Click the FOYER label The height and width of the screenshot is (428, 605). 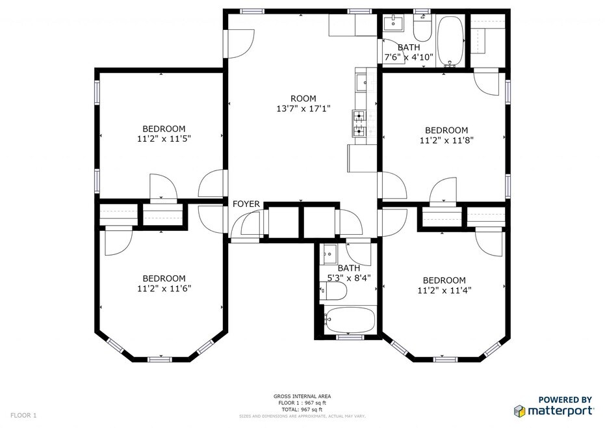point(246,204)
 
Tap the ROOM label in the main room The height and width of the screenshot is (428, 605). point(303,98)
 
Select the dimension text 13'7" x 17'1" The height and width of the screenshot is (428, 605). point(303,109)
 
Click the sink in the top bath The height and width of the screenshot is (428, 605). point(393,24)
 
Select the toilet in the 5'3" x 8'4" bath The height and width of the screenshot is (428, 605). point(334,292)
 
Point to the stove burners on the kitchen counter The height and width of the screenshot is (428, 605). point(359,123)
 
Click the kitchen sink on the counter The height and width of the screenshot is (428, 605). point(361,83)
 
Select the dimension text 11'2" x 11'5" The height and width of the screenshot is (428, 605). point(164,139)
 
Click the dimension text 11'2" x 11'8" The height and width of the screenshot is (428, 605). point(446,140)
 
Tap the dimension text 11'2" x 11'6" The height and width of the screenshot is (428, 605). point(164,288)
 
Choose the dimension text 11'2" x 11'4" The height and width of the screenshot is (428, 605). point(444,290)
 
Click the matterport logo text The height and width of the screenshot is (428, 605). point(561,410)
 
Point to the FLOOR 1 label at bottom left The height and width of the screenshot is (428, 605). point(24,415)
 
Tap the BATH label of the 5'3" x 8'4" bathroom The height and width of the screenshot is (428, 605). point(349,268)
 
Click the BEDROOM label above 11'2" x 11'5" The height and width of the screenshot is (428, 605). point(164,128)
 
